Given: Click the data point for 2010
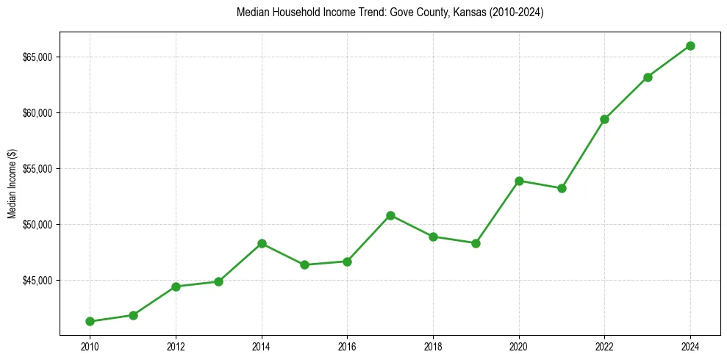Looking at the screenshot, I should (90, 321).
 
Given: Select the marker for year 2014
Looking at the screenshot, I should (262, 243).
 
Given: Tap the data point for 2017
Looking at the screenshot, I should (390, 215).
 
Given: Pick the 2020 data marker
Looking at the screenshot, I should (519, 181).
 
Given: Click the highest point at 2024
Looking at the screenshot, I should (690, 46).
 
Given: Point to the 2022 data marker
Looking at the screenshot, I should (604, 119).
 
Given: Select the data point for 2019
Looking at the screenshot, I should (476, 243).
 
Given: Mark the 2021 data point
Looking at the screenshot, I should (562, 188).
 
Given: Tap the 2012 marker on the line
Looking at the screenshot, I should (176, 287).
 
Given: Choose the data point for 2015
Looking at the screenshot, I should (304, 264).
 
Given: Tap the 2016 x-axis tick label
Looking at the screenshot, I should (347, 346).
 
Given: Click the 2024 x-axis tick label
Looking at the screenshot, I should (690, 346).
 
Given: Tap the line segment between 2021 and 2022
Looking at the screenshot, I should (583, 154).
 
